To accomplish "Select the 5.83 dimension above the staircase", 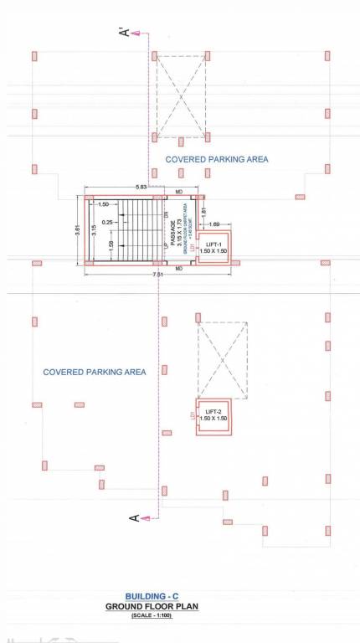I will pyautogui.click(x=141, y=188).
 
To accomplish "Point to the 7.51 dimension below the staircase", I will pyautogui.click(x=157, y=275).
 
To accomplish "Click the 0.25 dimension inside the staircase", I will pyautogui.click(x=108, y=223).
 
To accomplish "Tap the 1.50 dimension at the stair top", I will pyautogui.click(x=104, y=204).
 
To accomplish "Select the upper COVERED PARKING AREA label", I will pyautogui.click(x=216, y=158).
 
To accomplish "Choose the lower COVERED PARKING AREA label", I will pyautogui.click(x=94, y=372).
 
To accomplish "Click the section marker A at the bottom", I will pyautogui.click(x=133, y=518).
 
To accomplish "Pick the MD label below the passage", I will pyautogui.click(x=179, y=268).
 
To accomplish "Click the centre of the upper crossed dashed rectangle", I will pyautogui.click(x=181, y=96).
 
